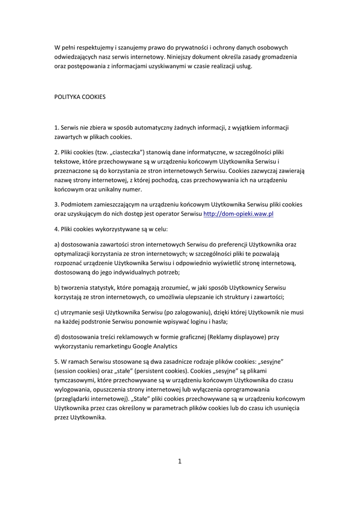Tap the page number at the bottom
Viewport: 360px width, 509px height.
click(x=180, y=461)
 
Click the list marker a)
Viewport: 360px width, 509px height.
click(x=57, y=245)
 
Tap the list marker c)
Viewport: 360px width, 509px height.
click(x=57, y=312)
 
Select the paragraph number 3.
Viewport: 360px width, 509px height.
click(x=56, y=204)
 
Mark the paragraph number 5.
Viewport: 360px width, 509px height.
click(x=56, y=361)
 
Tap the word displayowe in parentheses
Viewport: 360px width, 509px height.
click(x=247, y=337)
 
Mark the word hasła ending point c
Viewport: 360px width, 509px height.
click(x=219, y=322)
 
